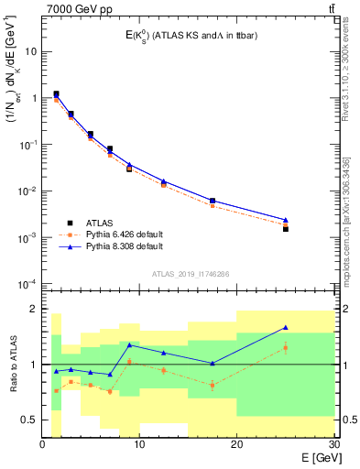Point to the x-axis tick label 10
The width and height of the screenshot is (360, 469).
coord(139,445)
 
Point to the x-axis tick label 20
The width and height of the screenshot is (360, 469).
coord(236,445)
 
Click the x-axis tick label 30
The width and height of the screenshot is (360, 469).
coord(333,445)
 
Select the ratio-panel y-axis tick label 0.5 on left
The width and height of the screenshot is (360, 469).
coord(29,420)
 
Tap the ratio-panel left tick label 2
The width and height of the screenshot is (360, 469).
coord(34,310)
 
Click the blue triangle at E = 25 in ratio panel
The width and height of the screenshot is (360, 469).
coord(286,327)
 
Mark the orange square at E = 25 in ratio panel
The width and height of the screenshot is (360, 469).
coord(286,348)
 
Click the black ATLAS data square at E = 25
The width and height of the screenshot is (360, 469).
coord(286,229)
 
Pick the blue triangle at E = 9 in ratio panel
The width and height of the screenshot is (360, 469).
coord(130,344)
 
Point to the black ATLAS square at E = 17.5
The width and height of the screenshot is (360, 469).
coord(213,201)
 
